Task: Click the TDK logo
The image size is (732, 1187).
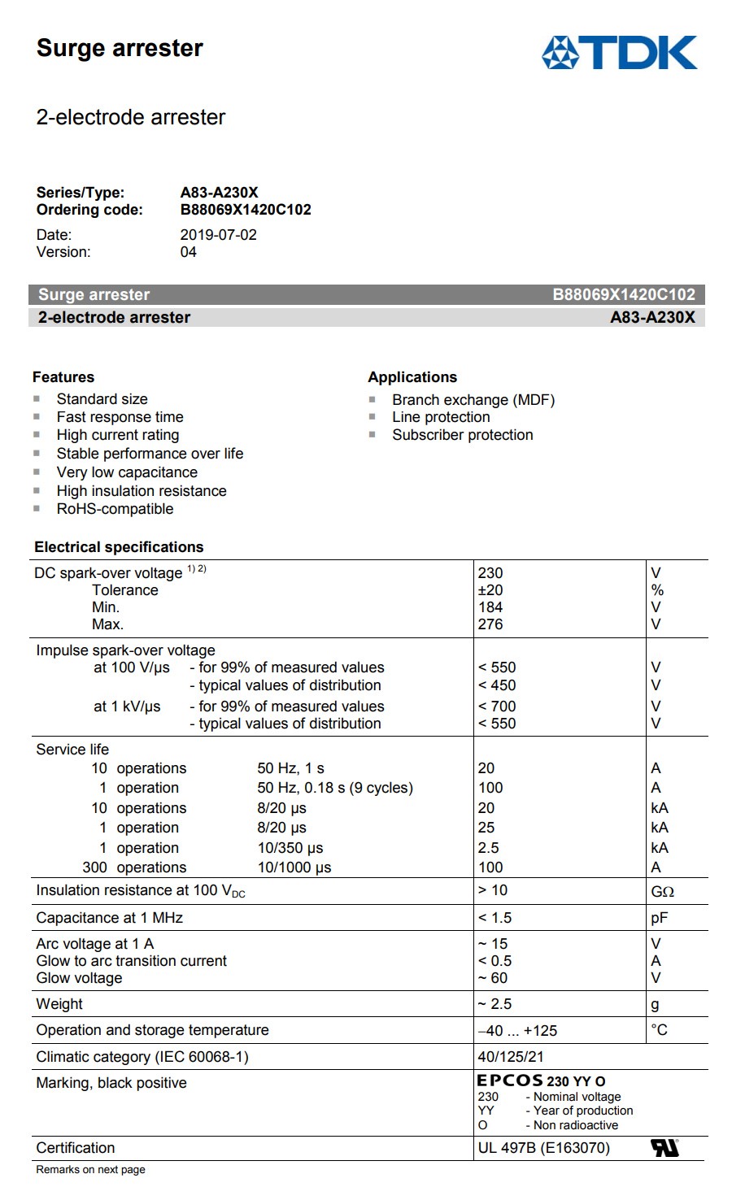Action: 620,52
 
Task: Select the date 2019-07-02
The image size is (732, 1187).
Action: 218,235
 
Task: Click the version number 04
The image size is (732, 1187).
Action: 188,252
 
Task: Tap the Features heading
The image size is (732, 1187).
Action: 63,377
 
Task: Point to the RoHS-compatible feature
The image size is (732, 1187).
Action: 115,509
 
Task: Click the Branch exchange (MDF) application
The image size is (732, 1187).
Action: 473,400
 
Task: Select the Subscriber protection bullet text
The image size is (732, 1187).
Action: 462,435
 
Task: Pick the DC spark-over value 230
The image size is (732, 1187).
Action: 490,573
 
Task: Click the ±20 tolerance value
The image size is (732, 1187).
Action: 490,590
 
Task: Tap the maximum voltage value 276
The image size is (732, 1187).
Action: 490,624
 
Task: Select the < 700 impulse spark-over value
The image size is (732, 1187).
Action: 497,707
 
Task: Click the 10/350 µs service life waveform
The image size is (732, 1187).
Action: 290,848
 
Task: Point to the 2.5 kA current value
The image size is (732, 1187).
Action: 488,848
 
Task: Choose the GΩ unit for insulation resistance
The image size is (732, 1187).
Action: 662,892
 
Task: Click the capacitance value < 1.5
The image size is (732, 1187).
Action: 495,918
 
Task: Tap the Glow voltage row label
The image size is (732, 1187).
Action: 79,978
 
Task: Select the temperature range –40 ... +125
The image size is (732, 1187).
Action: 517,1031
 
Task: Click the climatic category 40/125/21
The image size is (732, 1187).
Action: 511,1057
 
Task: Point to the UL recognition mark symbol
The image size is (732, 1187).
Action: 664,1148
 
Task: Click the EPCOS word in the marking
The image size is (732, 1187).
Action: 509,1080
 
